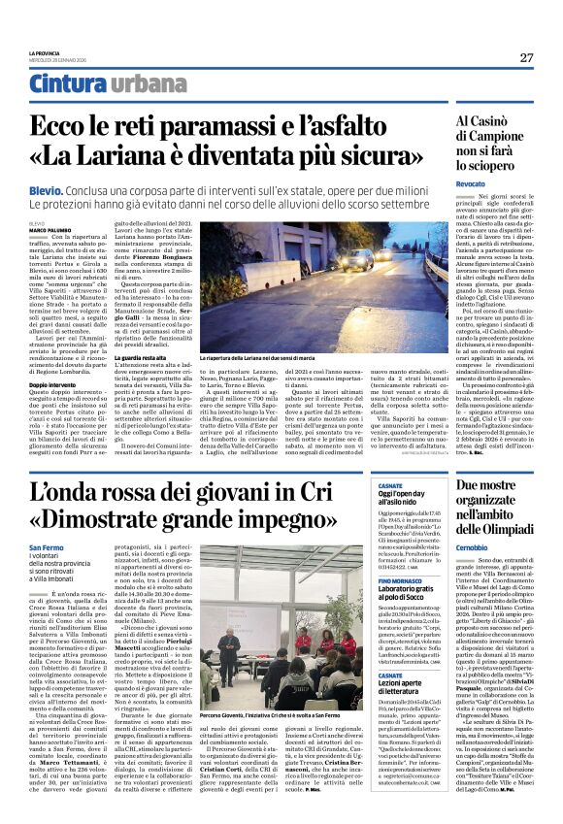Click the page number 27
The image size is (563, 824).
click(525, 57)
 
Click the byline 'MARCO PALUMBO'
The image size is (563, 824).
click(50, 229)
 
